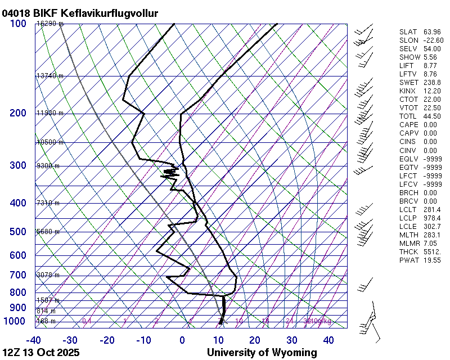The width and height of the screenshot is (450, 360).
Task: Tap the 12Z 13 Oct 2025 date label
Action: click(41, 353)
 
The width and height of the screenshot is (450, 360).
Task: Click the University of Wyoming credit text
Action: click(262, 353)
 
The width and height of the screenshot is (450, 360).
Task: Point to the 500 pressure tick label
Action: click(18, 232)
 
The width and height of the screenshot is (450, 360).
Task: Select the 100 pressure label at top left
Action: click(18, 24)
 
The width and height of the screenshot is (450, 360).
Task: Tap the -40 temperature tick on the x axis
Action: click(34, 340)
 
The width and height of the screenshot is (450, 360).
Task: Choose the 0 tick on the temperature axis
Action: click(182, 340)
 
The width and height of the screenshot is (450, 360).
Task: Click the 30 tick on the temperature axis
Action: click(291, 340)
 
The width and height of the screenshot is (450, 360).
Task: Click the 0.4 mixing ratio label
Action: click(87, 321)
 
